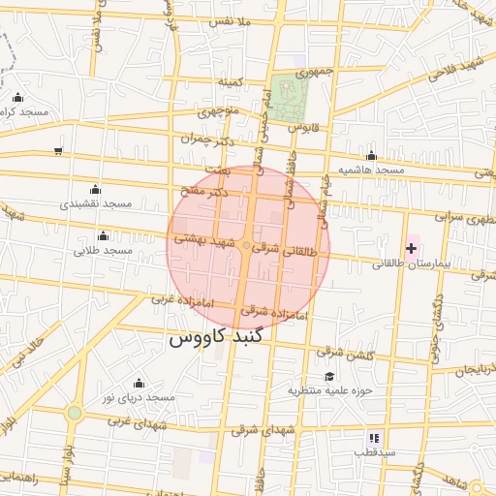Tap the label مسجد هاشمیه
(370, 170)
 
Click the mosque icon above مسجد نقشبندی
(95, 189)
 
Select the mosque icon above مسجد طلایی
(104, 235)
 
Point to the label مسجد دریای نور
(139, 398)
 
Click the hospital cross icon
(411, 249)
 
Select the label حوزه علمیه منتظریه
(329, 390)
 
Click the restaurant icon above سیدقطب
(374, 438)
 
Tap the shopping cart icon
(59, 150)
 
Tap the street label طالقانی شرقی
(285, 250)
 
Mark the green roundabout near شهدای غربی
(75, 414)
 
